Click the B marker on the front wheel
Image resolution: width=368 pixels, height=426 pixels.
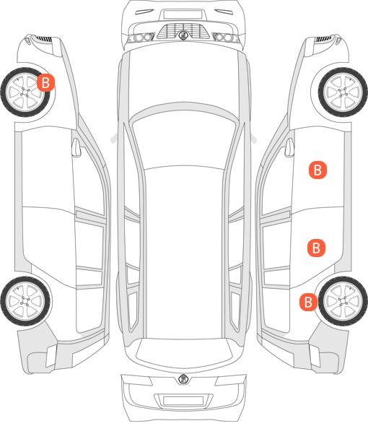45,82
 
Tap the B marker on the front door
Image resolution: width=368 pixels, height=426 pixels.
317,170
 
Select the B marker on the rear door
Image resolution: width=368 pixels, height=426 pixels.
316,248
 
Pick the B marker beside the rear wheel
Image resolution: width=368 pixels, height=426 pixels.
308,302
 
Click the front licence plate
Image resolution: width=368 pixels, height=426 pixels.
183,14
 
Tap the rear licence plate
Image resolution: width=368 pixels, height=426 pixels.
183,401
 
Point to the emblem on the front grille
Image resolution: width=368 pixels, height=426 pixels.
183,35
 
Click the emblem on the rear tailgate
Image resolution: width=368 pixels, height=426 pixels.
183,379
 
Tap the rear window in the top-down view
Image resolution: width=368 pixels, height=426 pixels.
184,352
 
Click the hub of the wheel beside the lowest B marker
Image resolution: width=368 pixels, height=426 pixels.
343,301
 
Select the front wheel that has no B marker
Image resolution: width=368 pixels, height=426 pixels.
343,92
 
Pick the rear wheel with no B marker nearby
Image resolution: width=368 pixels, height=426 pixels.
25,301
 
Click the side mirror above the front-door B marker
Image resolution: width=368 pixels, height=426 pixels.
289,147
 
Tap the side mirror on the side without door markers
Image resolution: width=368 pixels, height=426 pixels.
76,147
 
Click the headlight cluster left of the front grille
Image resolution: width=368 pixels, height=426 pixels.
141,38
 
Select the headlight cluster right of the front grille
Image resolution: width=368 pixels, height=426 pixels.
225,38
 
